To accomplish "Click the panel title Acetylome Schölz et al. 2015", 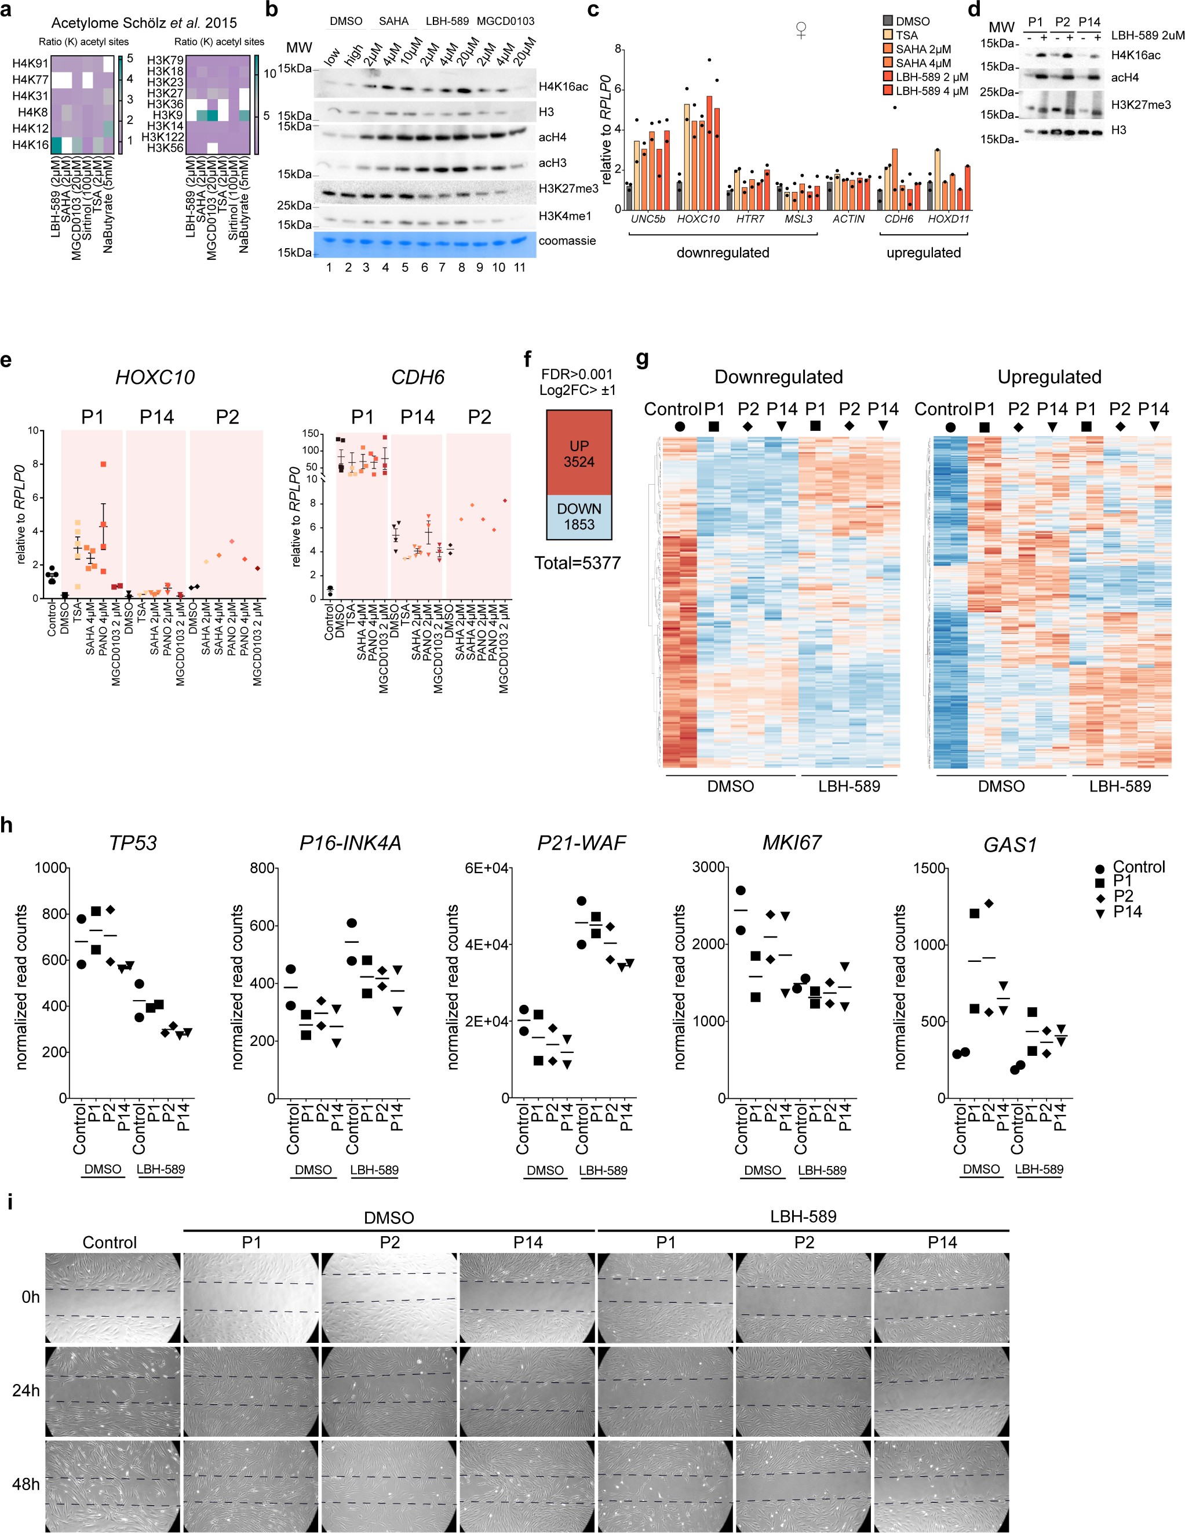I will pyautogui.click(x=144, y=23).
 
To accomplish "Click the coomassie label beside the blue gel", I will pyautogui.click(x=567, y=241).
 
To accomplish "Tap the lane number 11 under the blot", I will pyautogui.click(x=519, y=267).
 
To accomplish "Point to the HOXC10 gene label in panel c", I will pyautogui.click(x=698, y=219).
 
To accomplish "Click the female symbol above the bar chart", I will pyautogui.click(x=800, y=30).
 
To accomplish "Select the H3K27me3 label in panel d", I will pyautogui.click(x=1140, y=104).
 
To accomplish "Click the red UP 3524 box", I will pyautogui.click(x=579, y=453).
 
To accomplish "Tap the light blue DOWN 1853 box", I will pyautogui.click(x=579, y=517).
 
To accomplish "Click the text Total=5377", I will pyautogui.click(x=577, y=563).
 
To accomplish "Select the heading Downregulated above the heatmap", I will pyautogui.click(x=778, y=377).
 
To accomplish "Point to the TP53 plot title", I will pyautogui.click(x=133, y=843).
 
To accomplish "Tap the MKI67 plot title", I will pyautogui.click(x=792, y=843).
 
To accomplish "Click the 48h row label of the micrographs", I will pyautogui.click(x=26, y=1484).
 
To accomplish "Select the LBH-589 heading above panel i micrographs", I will pyautogui.click(x=803, y=1216).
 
